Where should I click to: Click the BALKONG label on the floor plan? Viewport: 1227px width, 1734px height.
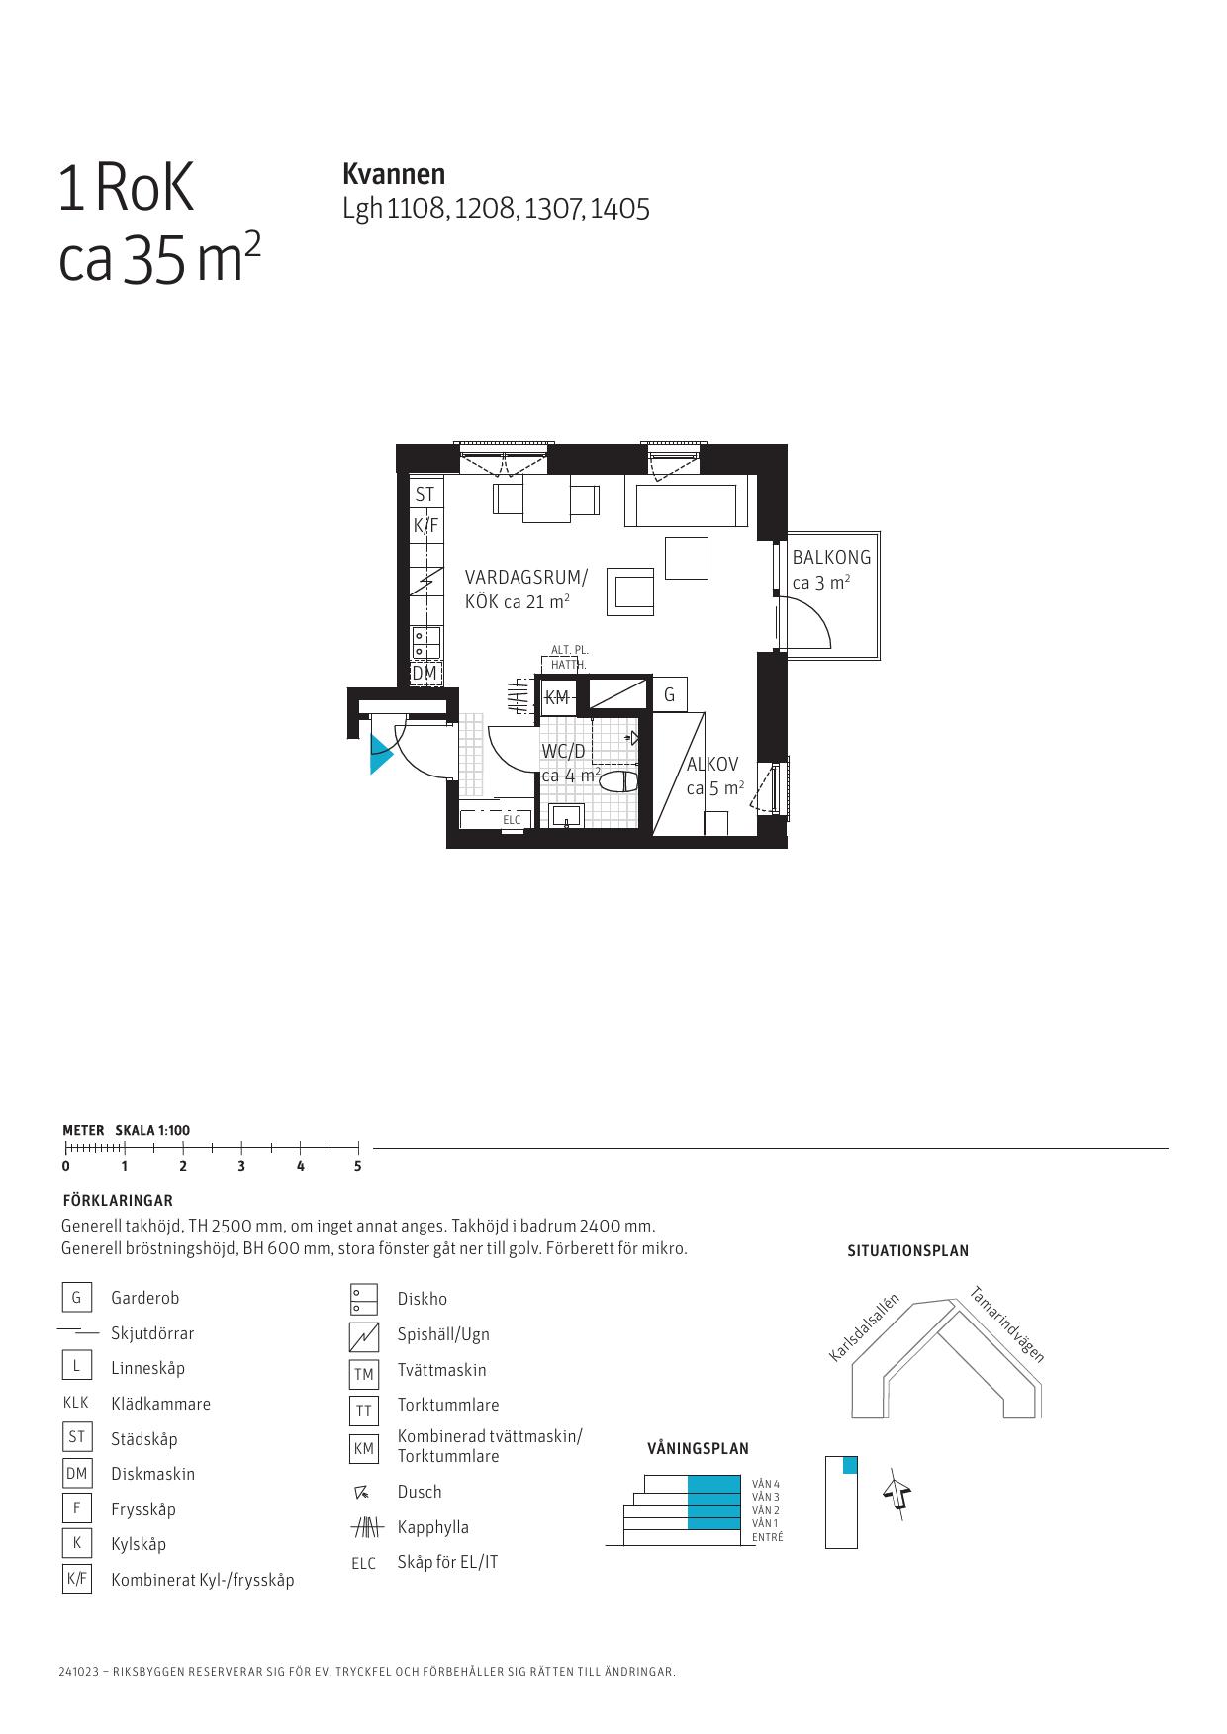tap(831, 557)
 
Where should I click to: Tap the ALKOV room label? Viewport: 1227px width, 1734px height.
tap(712, 764)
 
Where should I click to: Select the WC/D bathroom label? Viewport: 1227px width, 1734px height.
tap(563, 751)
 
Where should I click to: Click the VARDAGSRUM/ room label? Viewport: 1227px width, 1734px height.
tap(526, 577)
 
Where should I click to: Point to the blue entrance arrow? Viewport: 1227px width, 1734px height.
tap(381, 754)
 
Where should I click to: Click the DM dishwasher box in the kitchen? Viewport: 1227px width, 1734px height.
tap(425, 674)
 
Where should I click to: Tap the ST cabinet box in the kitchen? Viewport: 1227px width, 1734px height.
tap(425, 494)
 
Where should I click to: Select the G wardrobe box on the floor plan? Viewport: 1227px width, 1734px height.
tap(670, 695)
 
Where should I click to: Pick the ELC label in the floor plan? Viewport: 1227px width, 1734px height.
tap(512, 820)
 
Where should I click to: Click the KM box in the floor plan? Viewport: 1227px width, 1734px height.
tap(557, 697)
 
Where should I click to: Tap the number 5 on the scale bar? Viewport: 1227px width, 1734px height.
tap(358, 1166)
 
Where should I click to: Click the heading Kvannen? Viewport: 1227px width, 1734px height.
tap(394, 174)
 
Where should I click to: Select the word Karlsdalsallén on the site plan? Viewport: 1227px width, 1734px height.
tap(864, 1327)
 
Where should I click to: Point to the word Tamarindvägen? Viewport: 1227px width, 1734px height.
tap(1006, 1323)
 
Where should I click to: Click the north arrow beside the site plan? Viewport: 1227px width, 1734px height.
tap(897, 1494)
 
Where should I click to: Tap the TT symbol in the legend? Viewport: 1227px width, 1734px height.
tap(364, 1411)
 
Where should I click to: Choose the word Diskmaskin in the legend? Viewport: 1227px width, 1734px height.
tap(153, 1474)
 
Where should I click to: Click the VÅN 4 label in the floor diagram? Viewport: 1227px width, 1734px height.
tap(766, 1484)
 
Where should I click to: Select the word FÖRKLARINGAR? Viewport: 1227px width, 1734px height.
tap(118, 1201)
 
